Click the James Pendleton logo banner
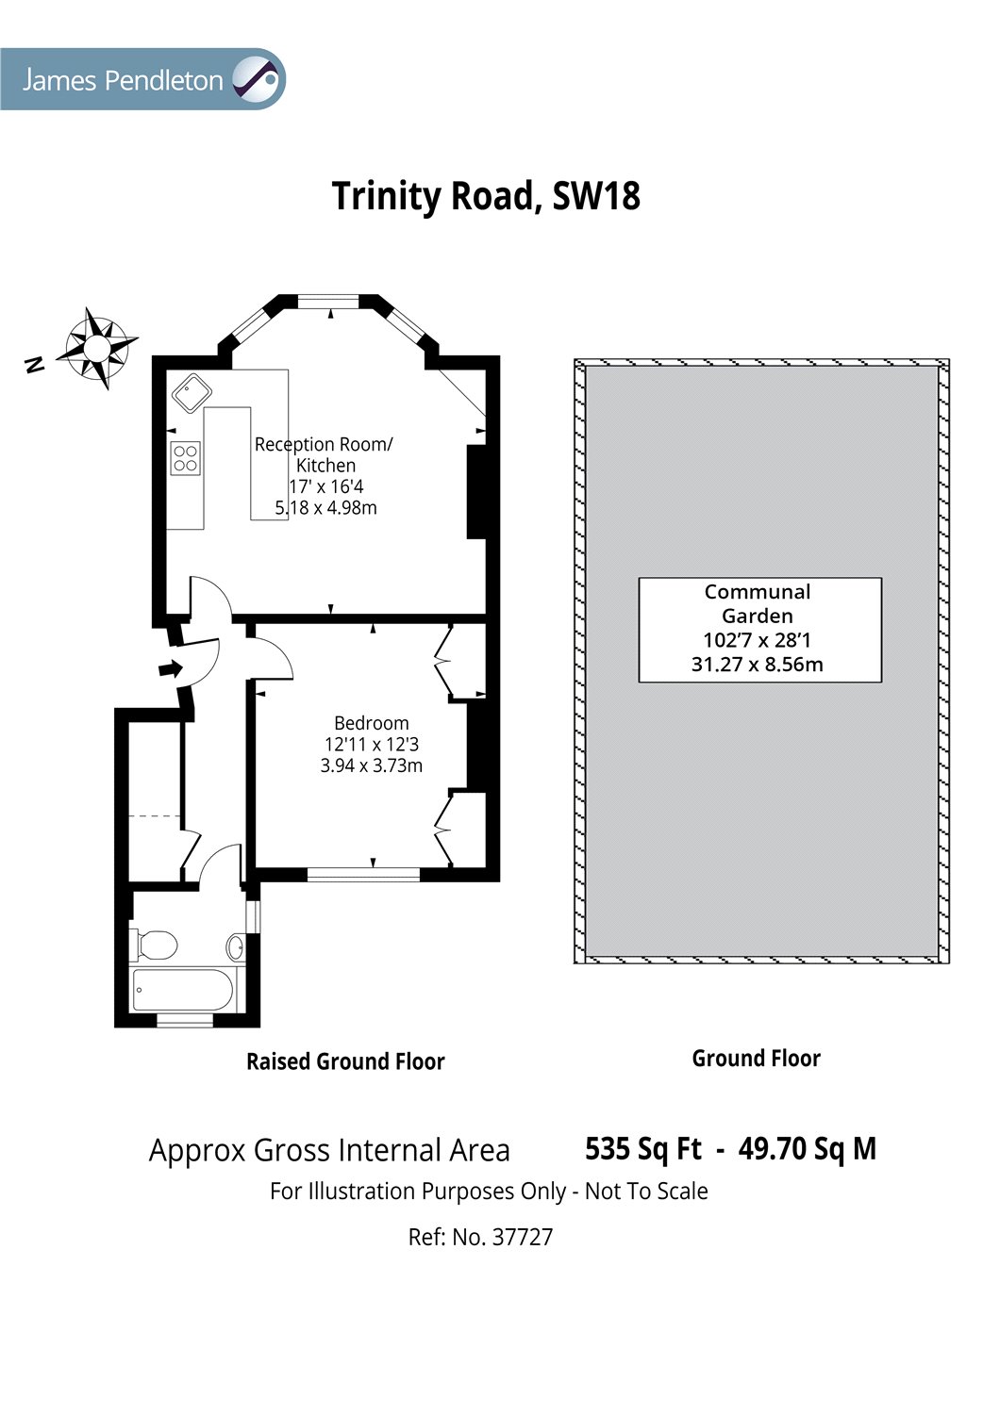142,79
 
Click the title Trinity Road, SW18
486,196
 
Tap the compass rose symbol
96,348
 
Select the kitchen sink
192,393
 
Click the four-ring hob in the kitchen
185,458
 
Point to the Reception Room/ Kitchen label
325,454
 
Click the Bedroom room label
372,723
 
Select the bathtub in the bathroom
183,990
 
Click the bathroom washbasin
235,946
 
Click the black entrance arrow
170,668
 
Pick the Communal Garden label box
760,630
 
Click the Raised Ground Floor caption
345,1061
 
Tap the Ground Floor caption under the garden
757,1059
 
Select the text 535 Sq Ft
642,1148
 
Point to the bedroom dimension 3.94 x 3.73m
372,765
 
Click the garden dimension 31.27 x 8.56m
757,664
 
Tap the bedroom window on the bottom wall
363,874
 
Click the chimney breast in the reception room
476,492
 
